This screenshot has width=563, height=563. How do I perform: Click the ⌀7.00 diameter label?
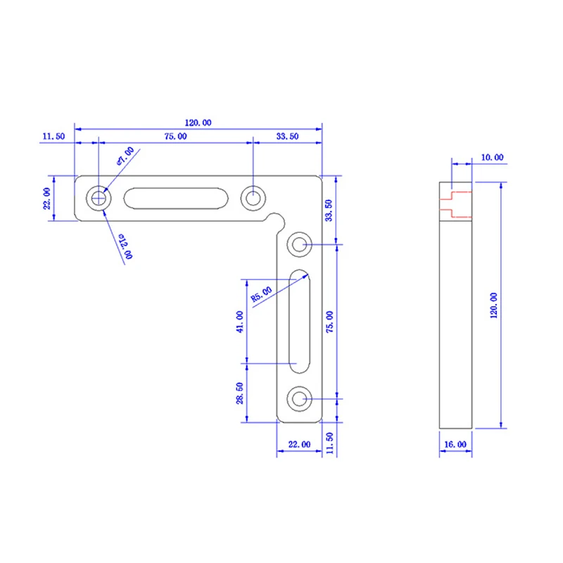tap(126, 156)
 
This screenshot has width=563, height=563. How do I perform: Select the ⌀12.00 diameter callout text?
tap(126, 246)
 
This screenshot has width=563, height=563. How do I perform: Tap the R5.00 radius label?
tap(261, 294)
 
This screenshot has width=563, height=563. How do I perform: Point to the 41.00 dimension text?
tap(240, 322)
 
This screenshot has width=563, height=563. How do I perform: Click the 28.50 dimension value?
tap(240, 393)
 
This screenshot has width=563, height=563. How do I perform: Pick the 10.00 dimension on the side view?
tap(492, 157)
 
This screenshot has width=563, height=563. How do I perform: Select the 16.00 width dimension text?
tap(455, 445)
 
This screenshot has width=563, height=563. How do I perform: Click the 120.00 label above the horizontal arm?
tap(198, 122)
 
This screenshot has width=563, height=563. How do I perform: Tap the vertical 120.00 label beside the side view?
tap(494, 305)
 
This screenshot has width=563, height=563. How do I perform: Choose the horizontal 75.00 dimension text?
tap(175, 137)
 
